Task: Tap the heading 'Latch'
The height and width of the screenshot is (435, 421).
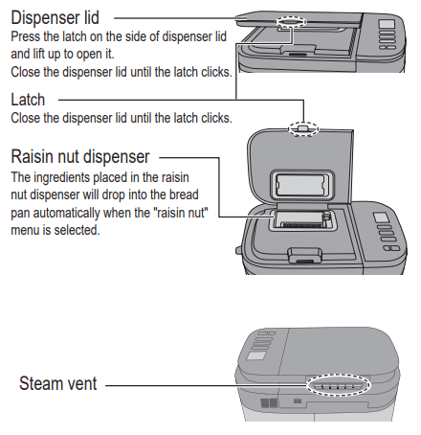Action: pyautogui.click(x=28, y=100)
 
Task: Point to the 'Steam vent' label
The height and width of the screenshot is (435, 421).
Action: pyautogui.click(x=57, y=385)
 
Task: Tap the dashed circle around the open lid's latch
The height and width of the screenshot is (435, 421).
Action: pyautogui.click(x=302, y=126)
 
